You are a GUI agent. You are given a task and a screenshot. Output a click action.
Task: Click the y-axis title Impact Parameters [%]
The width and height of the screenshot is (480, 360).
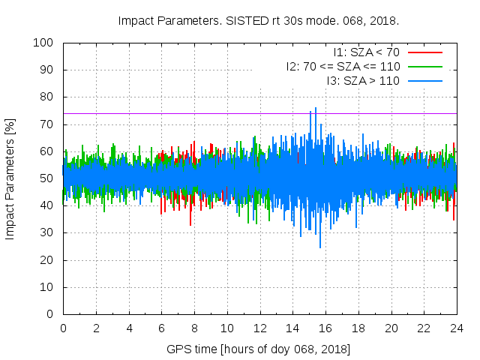point(10,178)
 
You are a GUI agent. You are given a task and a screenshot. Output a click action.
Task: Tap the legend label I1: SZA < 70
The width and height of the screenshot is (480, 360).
point(366,52)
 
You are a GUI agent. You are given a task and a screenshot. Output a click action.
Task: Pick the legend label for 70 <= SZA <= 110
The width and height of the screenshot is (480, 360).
point(343,66)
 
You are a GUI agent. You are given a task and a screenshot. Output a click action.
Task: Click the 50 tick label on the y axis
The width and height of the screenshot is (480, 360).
point(47,178)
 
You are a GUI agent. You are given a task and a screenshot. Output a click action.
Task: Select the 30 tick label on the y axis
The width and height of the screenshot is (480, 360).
point(47,233)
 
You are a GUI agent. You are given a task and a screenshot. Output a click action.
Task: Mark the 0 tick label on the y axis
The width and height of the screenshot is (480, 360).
point(50,314)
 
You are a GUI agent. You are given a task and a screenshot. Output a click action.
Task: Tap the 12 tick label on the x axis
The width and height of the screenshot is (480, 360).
point(259,328)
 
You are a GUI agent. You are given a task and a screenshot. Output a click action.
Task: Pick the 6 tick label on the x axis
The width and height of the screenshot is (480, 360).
point(161,328)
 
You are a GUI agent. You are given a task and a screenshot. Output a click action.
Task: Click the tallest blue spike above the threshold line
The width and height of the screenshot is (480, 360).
point(316,109)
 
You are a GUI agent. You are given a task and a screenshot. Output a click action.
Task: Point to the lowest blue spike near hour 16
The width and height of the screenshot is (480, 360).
point(320,247)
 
